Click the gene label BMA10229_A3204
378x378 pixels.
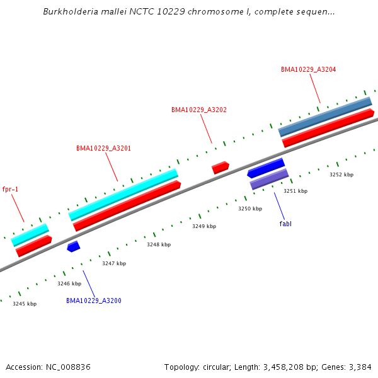(308, 69)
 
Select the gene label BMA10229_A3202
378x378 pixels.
(199, 110)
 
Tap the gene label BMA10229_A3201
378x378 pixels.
(104, 149)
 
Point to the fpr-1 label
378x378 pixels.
(10, 189)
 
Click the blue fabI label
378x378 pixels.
(285, 224)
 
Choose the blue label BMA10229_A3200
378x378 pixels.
(94, 301)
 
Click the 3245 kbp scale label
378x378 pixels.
(25, 304)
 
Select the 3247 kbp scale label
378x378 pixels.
(114, 263)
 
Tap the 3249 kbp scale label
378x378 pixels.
(204, 226)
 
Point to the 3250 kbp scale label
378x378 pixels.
(250, 209)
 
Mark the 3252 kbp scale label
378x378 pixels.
(341, 175)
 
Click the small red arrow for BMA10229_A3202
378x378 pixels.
(220, 168)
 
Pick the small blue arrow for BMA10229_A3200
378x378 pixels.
(74, 246)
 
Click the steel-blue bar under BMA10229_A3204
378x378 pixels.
(325, 116)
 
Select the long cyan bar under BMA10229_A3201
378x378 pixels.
(123, 194)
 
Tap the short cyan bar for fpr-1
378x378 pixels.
(30, 234)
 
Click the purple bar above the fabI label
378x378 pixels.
(269, 179)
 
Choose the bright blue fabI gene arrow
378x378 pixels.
(266, 168)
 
